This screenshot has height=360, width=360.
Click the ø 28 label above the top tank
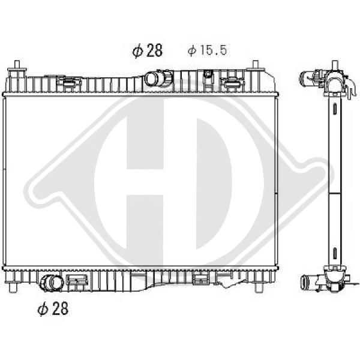tap(148, 50)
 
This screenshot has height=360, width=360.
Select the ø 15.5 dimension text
tap(208, 50)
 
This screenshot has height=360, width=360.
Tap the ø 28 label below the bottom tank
tap(53, 308)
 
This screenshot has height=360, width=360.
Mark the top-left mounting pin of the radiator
tap(17, 65)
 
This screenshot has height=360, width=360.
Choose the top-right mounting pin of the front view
tap(256, 65)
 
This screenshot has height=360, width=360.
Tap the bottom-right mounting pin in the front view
tap(258, 287)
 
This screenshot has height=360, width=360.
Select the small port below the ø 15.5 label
tap(208, 74)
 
